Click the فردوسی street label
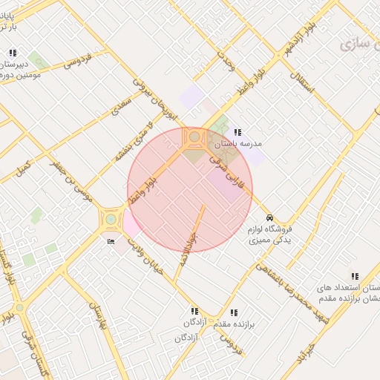click(76, 59)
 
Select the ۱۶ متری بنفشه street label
click(131, 145)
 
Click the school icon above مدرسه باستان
click(237, 131)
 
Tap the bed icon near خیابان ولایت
click(111, 241)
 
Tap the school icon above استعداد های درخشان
click(354, 276)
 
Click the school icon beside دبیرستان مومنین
click(12, 53)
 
